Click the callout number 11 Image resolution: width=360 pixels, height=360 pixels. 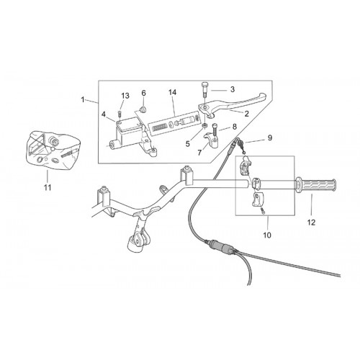48,187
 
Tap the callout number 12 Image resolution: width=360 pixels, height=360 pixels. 311,222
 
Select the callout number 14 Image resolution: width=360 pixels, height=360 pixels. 172,92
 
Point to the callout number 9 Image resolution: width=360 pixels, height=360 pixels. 270,138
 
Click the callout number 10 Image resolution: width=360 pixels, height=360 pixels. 267,235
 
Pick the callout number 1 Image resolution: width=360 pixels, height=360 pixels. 83,99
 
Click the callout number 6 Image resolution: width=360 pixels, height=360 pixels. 143,93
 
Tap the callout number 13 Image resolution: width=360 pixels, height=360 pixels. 125,96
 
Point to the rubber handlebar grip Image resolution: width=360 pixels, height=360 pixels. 316,186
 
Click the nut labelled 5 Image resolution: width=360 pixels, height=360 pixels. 204,125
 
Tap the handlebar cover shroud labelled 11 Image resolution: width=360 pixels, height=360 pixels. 52,150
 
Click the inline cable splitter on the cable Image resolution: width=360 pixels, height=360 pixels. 222,246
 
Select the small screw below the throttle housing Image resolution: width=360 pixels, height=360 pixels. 263,210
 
